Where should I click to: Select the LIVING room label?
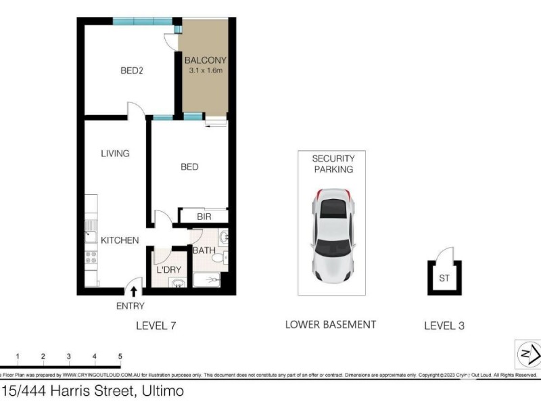click(x=115, y=154)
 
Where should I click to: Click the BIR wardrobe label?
click(x=204, y=217)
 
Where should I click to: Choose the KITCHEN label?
click(x=120, y=240)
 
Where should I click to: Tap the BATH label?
click(x=204, y=250)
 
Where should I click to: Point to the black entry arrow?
click(x=134, y=291)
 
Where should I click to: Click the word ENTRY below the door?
click(x=131, y=306)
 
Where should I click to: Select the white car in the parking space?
click(x=331, y=237)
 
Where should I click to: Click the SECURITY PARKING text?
click(x=332, y=164)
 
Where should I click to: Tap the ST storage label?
click(x=444, y=277)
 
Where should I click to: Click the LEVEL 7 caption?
click(x=156, y=325)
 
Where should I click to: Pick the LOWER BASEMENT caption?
click(x=331, y=325)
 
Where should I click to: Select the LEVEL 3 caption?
click(x=444, y=325)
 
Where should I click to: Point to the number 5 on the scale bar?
click(x=120, y=356)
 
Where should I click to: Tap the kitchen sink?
click(x=90, y=236)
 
